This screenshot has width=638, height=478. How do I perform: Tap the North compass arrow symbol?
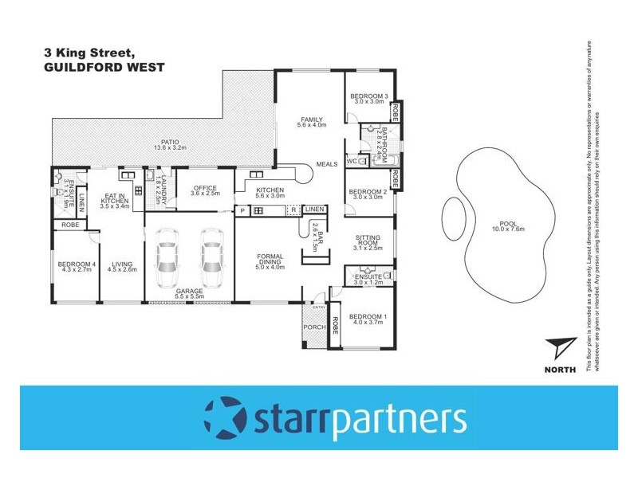561,348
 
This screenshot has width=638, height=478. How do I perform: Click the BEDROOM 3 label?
368,96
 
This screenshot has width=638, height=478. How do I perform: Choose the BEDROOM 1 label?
368,316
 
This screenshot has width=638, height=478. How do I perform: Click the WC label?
352,161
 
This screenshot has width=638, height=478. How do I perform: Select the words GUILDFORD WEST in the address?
104,69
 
